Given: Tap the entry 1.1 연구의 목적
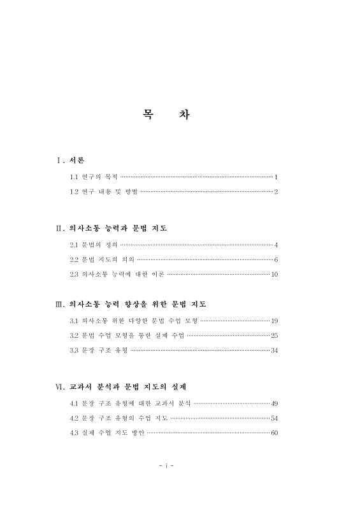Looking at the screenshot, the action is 94,176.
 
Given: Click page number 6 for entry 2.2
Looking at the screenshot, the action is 276,259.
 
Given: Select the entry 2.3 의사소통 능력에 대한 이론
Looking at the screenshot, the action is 117,275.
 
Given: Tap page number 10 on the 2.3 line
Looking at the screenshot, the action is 275,275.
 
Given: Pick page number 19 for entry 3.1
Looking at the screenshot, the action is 275,320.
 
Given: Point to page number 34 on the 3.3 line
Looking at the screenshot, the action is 275,350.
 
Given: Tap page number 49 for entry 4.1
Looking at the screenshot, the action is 275,403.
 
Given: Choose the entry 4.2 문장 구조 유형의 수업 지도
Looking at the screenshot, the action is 119,418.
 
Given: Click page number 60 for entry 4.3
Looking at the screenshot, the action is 275,433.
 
